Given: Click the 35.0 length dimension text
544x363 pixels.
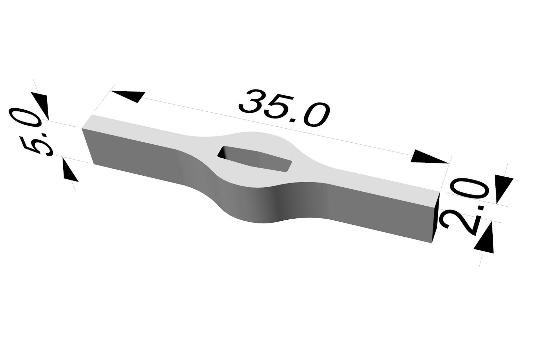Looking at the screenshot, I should click(284, 108).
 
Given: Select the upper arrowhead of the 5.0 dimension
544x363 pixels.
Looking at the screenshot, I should click(41, 104).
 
